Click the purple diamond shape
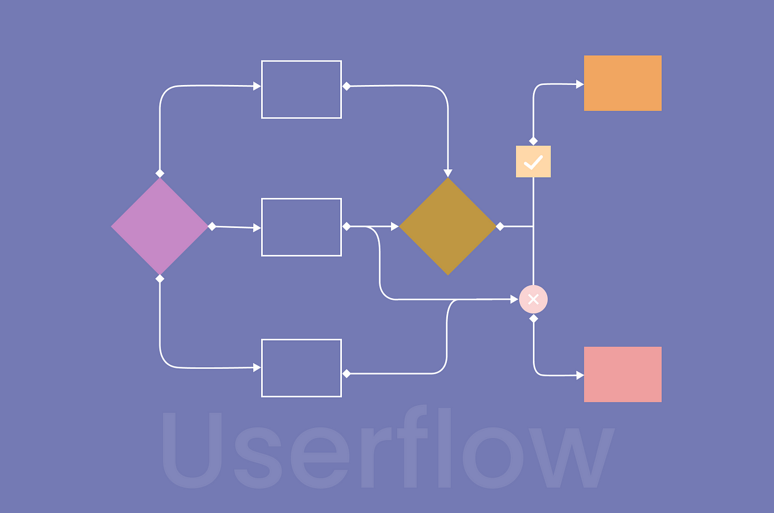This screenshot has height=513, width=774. [x=160, y=226]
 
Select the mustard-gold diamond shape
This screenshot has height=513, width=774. [x=448, y=226]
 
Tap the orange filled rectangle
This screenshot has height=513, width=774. [x=622, y=83]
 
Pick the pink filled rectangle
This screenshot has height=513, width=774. [x=622, y=374]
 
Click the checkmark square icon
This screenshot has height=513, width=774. [x=533, y=162]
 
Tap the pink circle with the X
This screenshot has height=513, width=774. [x=533, y=299]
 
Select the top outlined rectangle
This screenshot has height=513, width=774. [x=301, y=89]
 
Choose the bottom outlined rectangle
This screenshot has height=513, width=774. [x=301, y=368]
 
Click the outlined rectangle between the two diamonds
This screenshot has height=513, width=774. [x=301, y=227]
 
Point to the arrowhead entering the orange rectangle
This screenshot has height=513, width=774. [x=580, y=84]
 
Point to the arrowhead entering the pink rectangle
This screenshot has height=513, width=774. [x=580, y=375]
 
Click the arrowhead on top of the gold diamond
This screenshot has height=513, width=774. [x=448, y=173]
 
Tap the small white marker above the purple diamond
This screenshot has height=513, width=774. [x=160, y=173]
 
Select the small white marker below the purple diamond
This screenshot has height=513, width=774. [x=160, y=279]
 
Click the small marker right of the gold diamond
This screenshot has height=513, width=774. [x=500, y=226]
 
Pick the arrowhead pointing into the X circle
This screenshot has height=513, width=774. [x=514, y=299]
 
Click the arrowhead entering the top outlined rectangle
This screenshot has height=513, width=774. [x=257, y=86]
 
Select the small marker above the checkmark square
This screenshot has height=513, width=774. [x=533, y=141]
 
